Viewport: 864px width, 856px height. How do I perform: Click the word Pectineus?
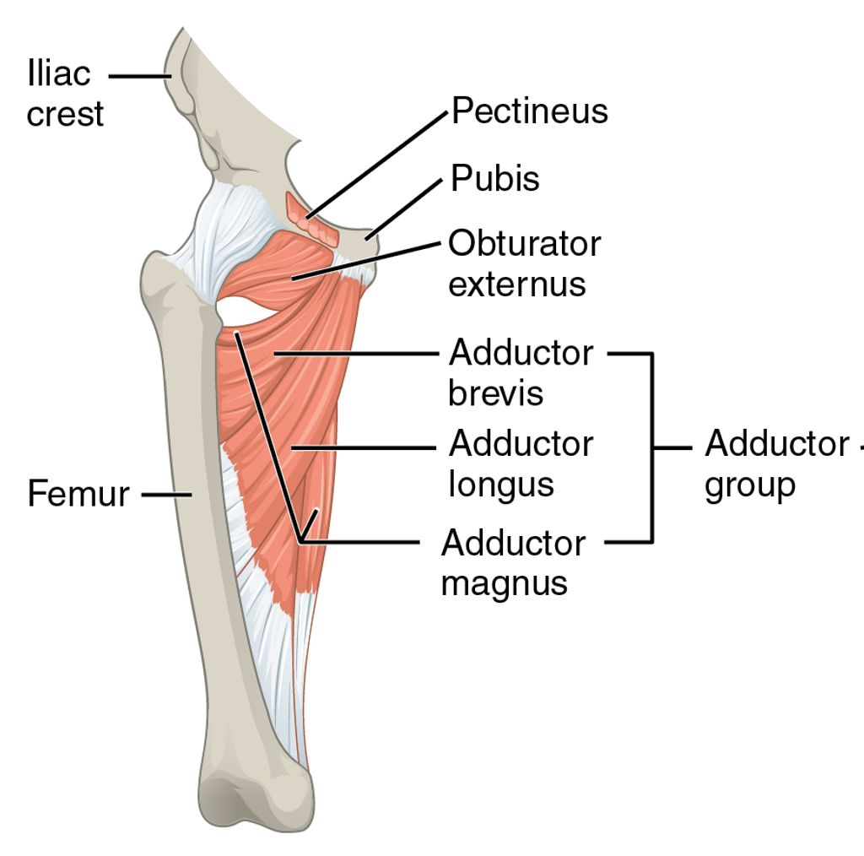pos(529,111)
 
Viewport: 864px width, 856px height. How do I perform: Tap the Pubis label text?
pos(494,179)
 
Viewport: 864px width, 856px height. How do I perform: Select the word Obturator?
pos(524,244)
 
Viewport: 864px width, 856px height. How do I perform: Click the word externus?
pos(516,284)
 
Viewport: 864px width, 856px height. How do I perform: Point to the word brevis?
pos(495,393)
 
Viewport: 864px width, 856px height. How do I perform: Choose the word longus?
pos(501,485)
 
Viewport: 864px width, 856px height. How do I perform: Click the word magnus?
pos(504,582)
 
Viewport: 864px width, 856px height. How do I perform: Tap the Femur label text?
pos(78,494)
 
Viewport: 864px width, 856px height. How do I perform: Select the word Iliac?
pos(58,74)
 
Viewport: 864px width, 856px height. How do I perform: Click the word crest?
pos(65,114)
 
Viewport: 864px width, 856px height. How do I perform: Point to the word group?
pos(749,485)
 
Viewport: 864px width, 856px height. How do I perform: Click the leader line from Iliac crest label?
pos(139,75)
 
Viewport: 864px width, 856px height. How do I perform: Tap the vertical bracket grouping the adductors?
pos(651,447)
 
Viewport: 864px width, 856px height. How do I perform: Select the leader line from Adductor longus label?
pos(363,447)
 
